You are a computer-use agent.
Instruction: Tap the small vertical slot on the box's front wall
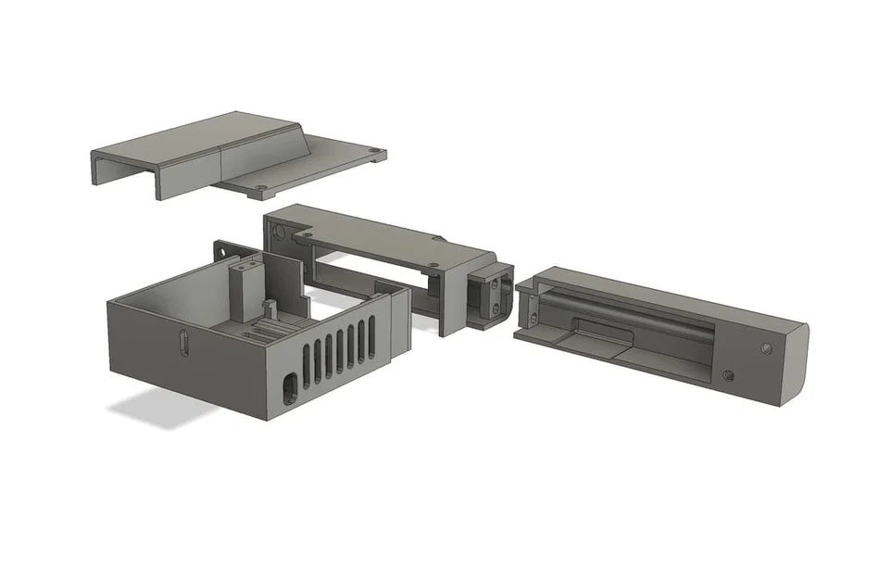(182, 344)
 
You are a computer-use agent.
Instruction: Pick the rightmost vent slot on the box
(372, 334)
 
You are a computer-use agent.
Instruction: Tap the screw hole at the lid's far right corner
(372, 150)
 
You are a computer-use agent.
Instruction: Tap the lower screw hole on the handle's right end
(728, 376)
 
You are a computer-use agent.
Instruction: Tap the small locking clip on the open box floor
(270, 307)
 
